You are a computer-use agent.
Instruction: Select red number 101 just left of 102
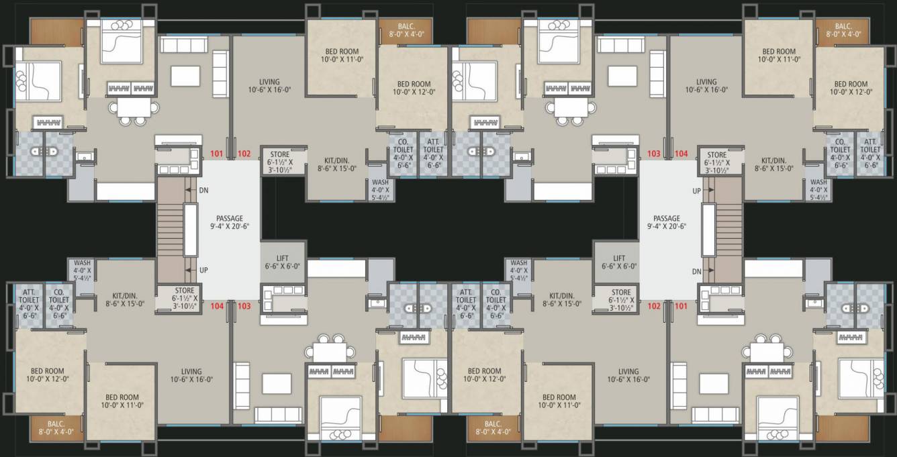click(216, 154)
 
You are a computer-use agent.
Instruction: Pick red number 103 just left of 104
click(654, 154)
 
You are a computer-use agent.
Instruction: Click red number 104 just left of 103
click(216, 306)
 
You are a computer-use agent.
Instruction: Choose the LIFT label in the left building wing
click(283, 258)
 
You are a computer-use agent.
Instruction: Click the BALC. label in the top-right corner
click(848, 28)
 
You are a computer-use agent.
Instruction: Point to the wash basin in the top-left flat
click(84, 157)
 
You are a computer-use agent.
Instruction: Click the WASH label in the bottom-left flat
click(82, 268)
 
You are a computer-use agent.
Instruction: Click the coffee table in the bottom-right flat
click(713, 383)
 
